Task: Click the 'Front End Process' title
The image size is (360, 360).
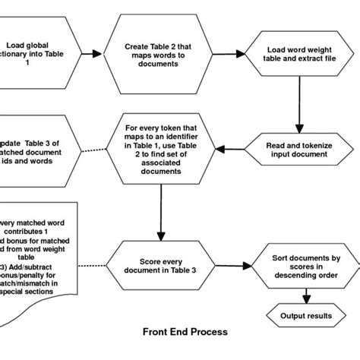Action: coord(185,332)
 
